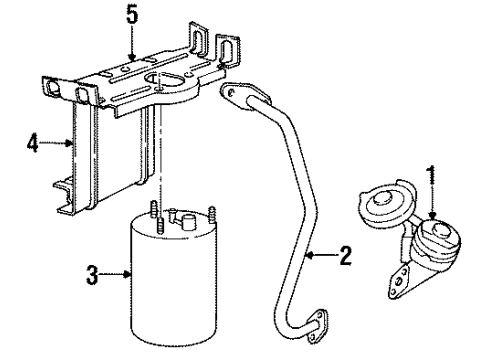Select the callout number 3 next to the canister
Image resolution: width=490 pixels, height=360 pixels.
tap(93, 273)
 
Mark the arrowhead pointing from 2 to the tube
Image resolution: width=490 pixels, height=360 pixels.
tap(306, 257)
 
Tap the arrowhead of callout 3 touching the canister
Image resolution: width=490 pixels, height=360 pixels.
tap(130, 273)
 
